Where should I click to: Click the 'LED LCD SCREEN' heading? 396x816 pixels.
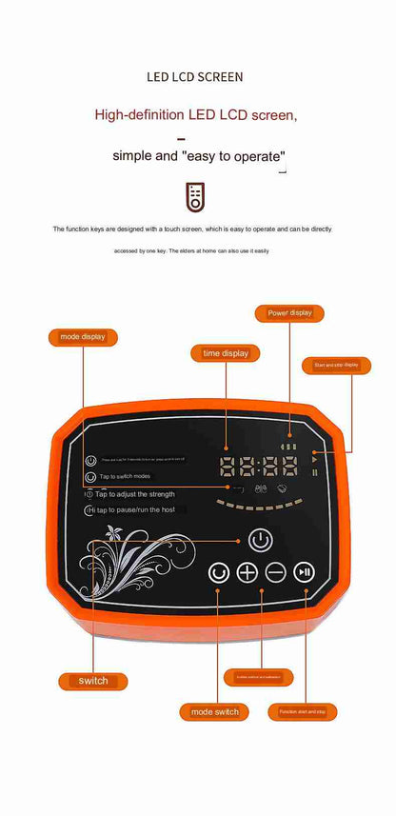tap(195, 75)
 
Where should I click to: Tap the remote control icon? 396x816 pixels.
tap(195, 197)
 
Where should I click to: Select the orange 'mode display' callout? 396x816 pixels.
tap(83, 336)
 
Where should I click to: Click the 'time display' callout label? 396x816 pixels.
tap(226, 353)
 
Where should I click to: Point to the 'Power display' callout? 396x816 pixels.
tap(289, 312)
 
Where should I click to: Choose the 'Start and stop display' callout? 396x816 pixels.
tap(336, 365)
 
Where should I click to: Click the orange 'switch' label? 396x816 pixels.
tap(93, 681)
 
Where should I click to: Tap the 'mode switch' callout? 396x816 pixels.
tap(214, 711)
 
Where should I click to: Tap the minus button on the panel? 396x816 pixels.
tap(276, 572)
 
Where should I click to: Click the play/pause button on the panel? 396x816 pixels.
tap(304, 572)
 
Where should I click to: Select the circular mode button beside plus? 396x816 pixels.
tap(220, 572)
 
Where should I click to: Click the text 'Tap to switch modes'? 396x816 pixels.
tap(125, 476)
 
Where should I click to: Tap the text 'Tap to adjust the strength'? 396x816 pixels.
tap(134, 494)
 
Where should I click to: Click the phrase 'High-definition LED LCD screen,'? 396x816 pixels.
tap(196, 115)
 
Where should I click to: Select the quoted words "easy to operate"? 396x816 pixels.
tap(232, 155)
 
